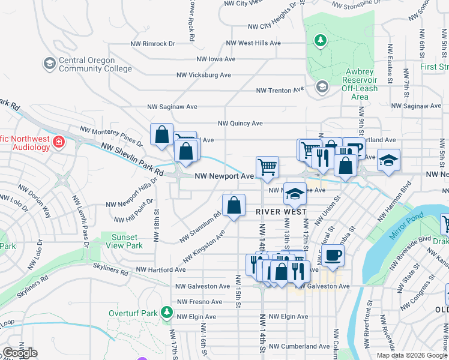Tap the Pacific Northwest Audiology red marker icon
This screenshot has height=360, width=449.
pos(59,142)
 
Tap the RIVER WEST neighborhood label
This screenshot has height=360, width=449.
pos(281,212)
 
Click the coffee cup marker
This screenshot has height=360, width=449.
pos(332,255)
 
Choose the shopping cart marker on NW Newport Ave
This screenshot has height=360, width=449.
pos(267,167)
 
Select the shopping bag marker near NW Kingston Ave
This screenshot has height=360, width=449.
pos(234,205)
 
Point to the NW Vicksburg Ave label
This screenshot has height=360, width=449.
pos(203,76)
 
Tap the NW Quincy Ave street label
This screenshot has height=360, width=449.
pos(240,124)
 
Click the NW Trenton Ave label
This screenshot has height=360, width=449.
pos(280,91)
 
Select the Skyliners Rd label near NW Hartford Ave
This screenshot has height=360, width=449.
pos(110,272)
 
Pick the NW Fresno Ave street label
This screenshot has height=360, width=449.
pos(199,301)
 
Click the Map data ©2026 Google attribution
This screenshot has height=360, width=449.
pos(411,355)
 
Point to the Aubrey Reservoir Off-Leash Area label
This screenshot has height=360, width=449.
pos(360,84)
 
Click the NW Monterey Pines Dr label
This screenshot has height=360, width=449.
pos(112,137)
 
